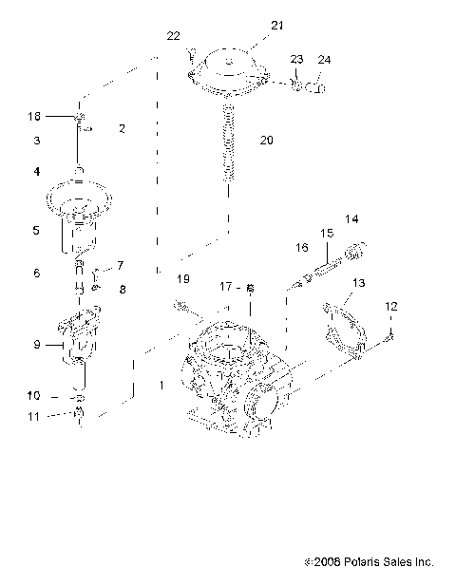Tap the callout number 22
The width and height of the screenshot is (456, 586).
click(173, 36)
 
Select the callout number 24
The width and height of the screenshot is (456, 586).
click(325, 61)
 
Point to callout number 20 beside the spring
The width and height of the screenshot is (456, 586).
click(266, 140)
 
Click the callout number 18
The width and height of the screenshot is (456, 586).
click(34, 116)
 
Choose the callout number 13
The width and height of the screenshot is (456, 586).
click(359, 283)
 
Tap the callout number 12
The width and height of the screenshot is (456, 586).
click(390, 306)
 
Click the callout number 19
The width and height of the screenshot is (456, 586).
click(183, 278)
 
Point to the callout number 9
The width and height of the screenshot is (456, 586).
click(36, 346)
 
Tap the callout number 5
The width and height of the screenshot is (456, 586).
click(35, 230)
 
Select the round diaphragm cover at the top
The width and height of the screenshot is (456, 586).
click(232, 71)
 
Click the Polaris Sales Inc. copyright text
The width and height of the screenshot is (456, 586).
click(380, 562)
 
